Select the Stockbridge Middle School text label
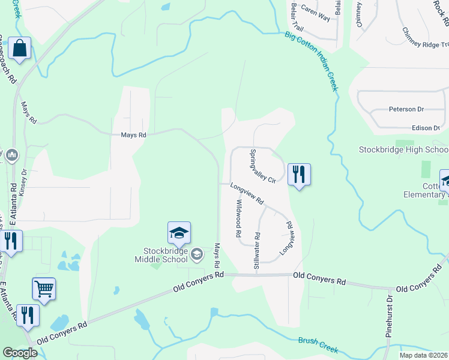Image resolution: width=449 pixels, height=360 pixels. [160, 255]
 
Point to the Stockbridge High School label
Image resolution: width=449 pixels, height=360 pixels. [403, 149]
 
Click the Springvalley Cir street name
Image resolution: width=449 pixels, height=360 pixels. [262, 166]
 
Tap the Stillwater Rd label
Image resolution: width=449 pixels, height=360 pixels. [257, 250]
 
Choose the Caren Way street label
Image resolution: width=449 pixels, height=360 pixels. [315, 13]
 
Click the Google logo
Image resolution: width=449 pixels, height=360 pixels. [20, 353]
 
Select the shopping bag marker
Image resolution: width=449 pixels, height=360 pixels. [19, 49]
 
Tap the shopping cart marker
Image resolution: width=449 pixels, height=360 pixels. [44, 289]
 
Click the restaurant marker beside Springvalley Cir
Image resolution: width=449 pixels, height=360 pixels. [298, 175]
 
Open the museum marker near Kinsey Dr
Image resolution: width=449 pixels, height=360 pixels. [11, 156]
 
